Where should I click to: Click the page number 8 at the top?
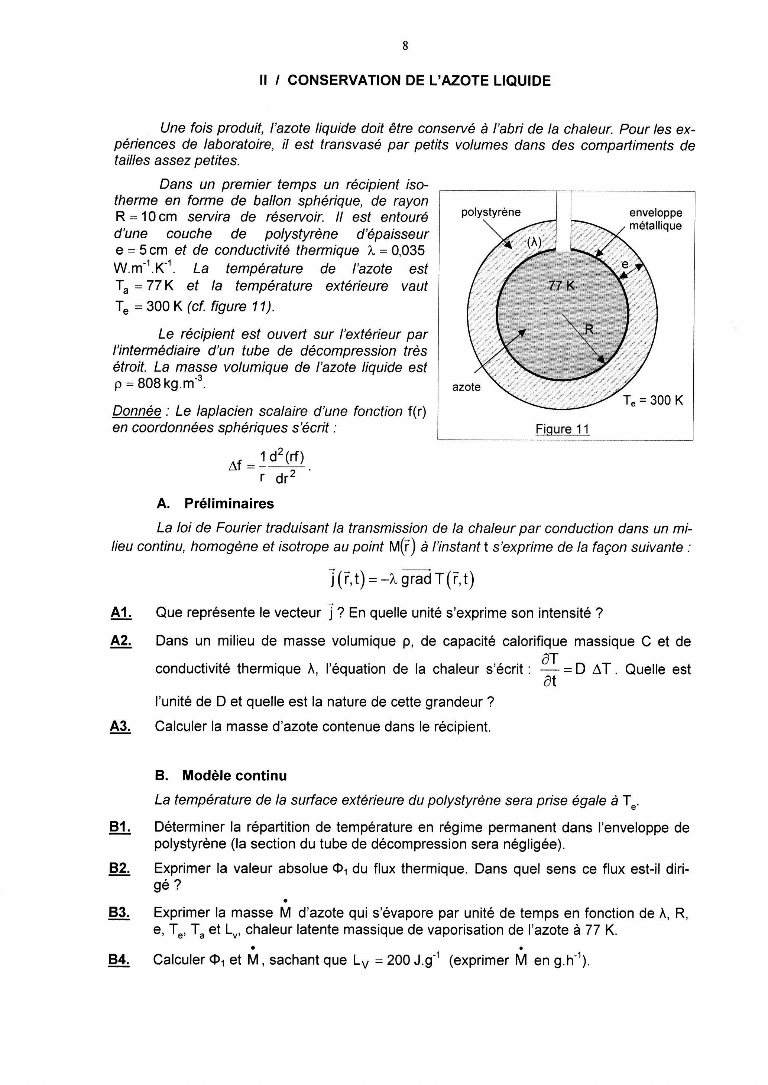click(405, 46)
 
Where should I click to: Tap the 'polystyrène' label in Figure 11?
click(490, 212)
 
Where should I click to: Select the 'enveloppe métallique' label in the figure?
click(655, 219)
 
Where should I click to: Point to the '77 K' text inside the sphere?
click(561, 285)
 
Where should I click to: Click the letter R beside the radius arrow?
click(589, 329)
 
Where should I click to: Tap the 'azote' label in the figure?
click(466, 387)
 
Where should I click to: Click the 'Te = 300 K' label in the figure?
click(652, 401)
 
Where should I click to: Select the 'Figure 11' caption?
click(562, 429)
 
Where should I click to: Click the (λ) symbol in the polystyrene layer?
click(534, 242)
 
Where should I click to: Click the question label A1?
click(121, 613)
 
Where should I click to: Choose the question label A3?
click(121, 726)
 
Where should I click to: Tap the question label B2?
click(120, 868)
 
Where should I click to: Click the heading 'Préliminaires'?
click(229, 503)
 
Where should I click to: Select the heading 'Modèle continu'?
click(234, 775)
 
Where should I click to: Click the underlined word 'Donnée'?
click(137, 411)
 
